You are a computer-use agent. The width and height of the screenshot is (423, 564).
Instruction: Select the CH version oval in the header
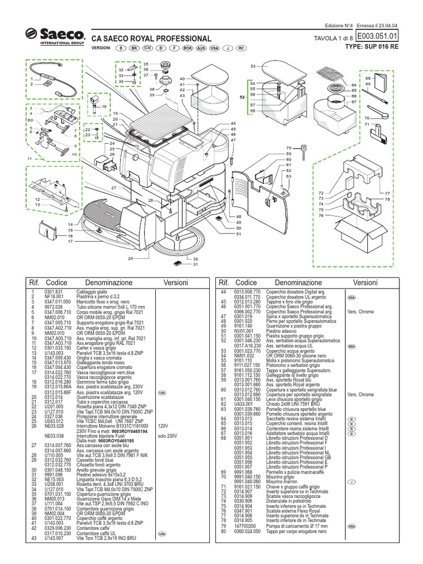tap(148, 48)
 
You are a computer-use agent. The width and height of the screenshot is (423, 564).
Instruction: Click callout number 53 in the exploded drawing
tap(253, 66)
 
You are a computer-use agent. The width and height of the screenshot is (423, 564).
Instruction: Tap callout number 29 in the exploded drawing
tap(131, 258)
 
